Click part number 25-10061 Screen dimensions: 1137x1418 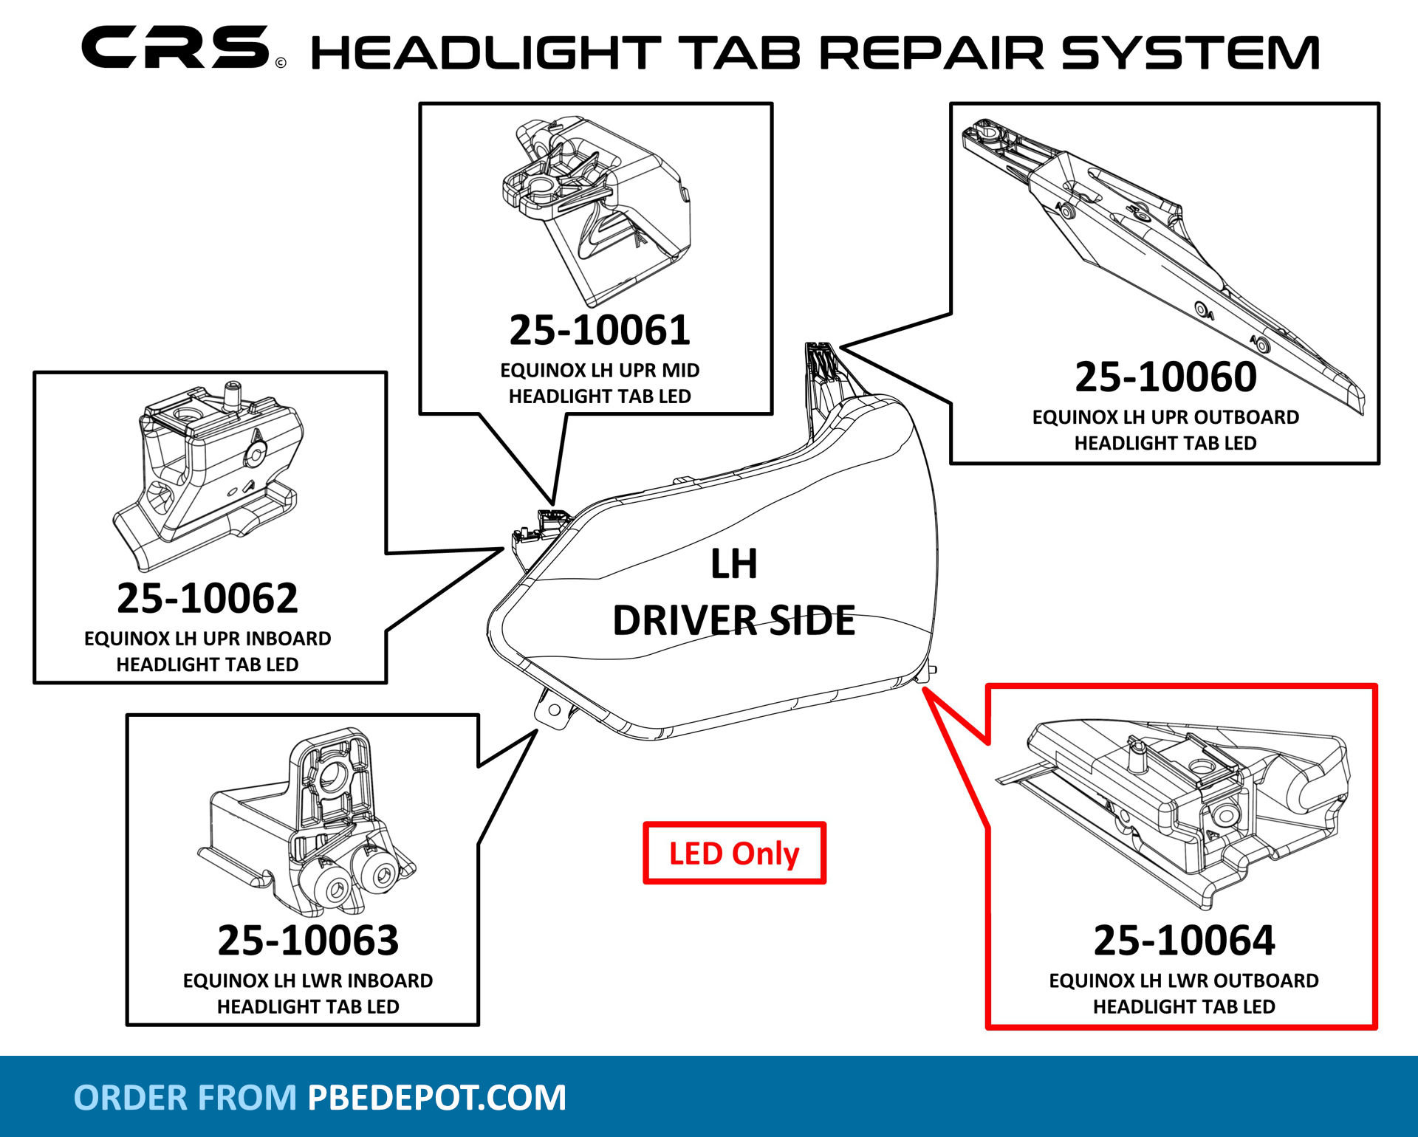[600, 329]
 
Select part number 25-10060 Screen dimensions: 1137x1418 [1165, 377]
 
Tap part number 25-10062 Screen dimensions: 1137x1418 [208, 597]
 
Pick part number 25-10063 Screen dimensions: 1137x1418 [308, 940]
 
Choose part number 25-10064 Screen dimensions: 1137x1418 [1184, 940]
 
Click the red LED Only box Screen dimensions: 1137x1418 [734, 853]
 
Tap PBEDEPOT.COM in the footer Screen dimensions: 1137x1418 [436, 1097]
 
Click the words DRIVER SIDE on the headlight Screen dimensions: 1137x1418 [734, 620]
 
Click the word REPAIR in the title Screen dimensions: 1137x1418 [931, 53]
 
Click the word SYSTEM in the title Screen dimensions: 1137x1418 [1190, 53]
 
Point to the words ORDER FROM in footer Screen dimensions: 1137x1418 [185, 1097]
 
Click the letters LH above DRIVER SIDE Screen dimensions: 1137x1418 [734, 565]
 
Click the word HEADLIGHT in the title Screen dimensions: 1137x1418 [486, 53]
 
